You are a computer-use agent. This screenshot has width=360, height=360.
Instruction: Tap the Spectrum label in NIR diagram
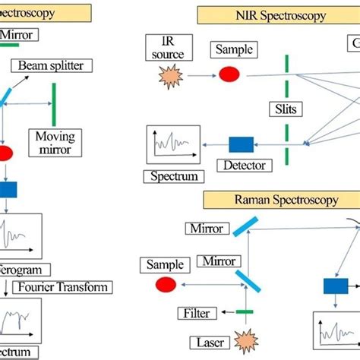[x=173, y=176]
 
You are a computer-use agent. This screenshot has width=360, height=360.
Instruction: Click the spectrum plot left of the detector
[x=174, y=143]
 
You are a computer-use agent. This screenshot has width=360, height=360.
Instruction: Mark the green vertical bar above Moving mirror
[x=54, y=103]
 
